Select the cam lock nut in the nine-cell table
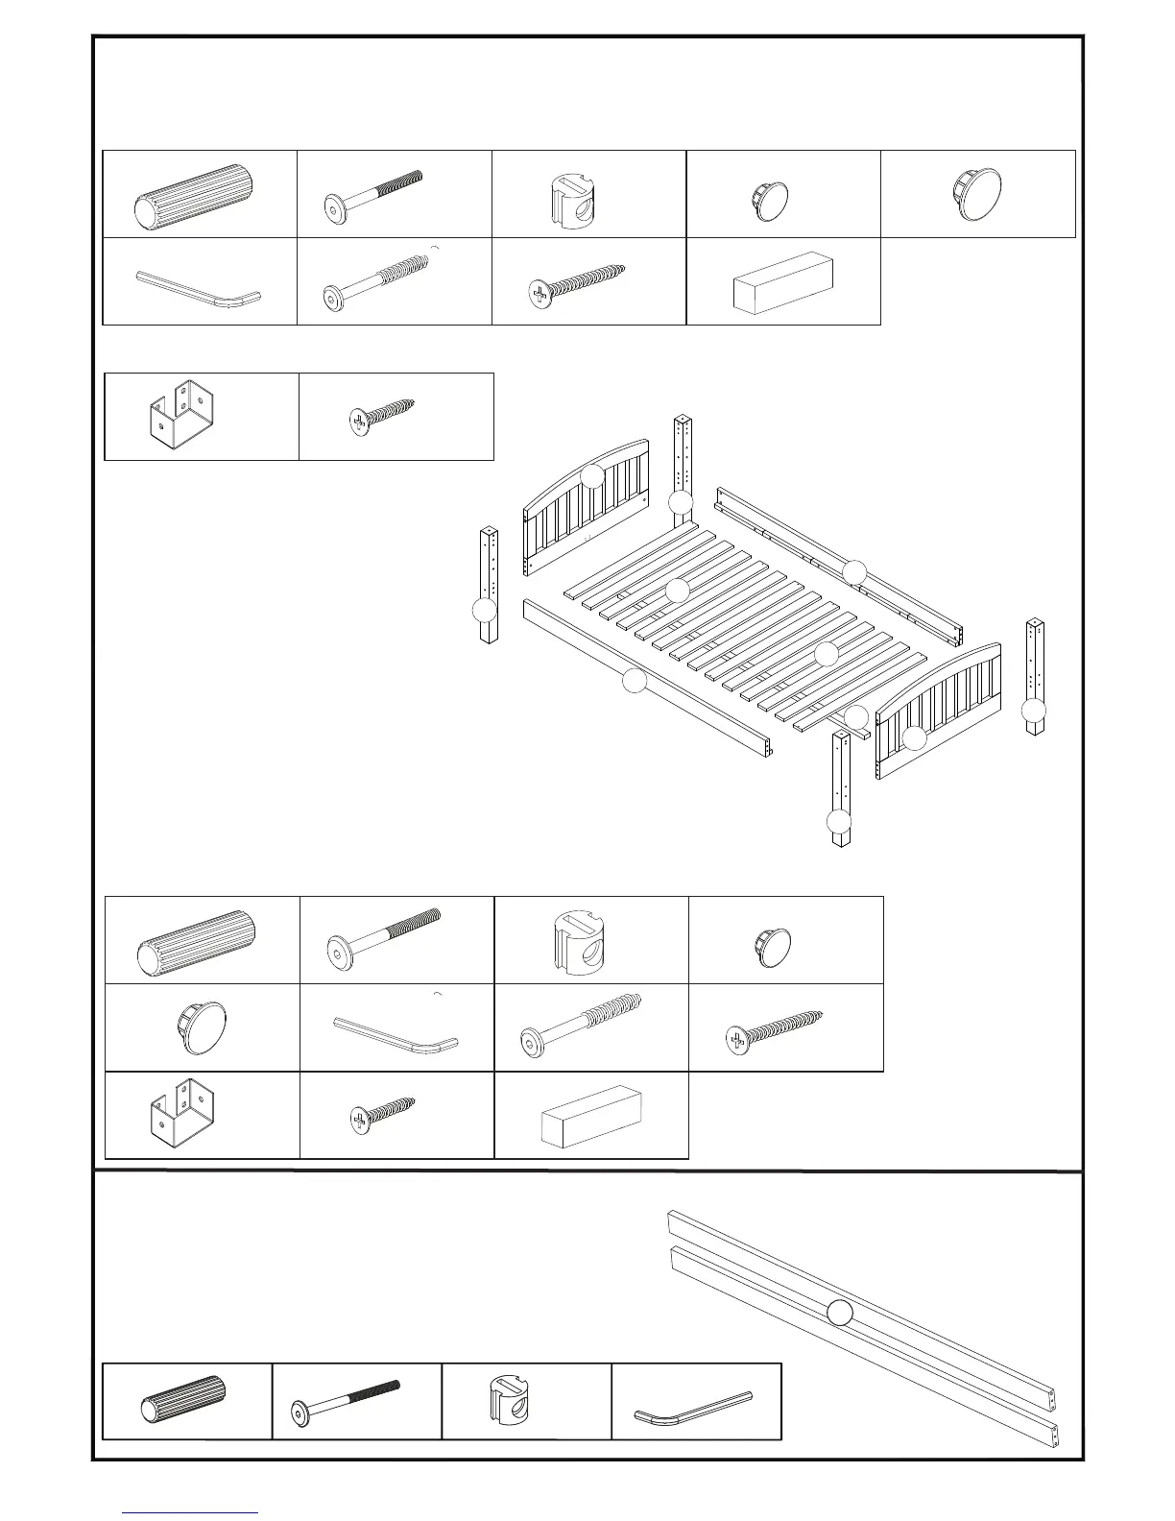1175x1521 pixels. coord(572,195)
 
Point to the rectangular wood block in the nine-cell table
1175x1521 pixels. coord(782,282)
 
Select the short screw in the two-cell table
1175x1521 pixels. coord(382,417)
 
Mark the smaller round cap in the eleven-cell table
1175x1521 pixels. coord(771,946)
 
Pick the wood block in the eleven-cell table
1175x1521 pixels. coord(590,1116)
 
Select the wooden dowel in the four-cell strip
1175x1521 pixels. coord(184,1401)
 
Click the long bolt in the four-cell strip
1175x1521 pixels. coord(346,1401)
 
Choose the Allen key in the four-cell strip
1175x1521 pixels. coord(693,1403)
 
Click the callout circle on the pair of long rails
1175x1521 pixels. coord(840,1313)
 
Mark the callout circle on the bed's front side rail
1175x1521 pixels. coord(634,681)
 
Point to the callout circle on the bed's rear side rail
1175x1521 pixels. coord(854,572)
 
